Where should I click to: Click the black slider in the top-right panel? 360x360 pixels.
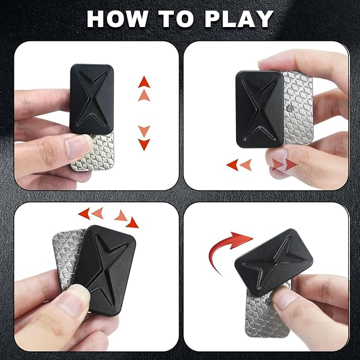pyautogui.click(x=260, y=109)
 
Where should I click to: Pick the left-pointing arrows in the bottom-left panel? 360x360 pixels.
pyautogui.click(x=91, y=214)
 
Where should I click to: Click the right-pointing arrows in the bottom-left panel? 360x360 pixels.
pyautogui.click(x=126, y=218)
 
